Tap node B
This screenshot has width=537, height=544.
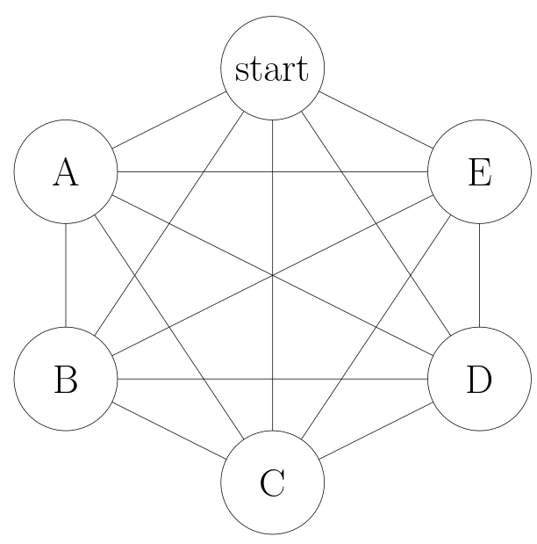pos(66,380)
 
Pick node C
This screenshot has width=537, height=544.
pos(272,482)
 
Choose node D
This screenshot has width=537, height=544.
pos(479,380)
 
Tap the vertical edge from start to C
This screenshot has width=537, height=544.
pos(272,220)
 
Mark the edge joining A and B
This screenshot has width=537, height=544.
pos(66,276)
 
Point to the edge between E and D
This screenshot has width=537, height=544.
pos(479,276)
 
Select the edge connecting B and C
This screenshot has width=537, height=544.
pos(169,431)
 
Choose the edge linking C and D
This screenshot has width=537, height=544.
pos(376,431)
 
